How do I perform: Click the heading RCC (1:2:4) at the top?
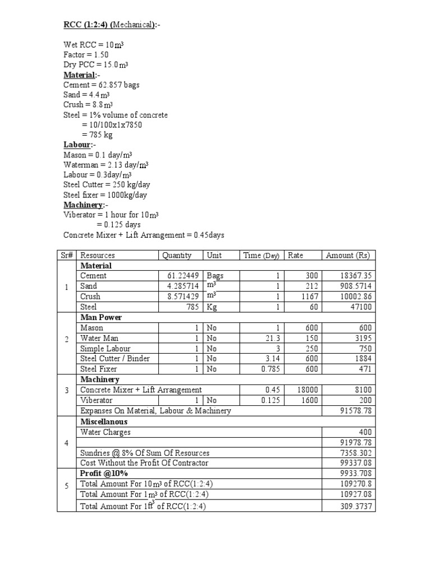point(86,25)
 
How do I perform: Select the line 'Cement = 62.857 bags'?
point(102,85)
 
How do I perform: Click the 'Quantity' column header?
point(177,255)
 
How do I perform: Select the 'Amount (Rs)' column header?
point(348,255)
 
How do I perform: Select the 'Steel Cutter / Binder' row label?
point(115,358)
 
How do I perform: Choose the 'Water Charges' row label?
point(106,432)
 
